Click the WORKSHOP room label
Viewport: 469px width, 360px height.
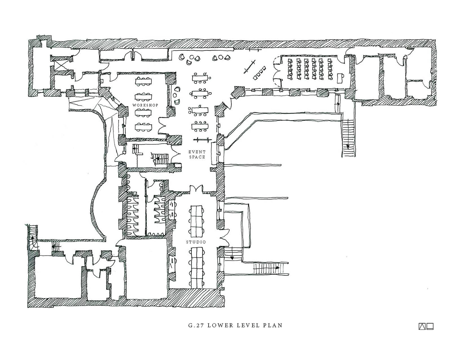click(x=145, y=105)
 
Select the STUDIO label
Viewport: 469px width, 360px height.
click(x=196, y=242)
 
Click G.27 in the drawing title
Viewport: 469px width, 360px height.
click(x=194, y=325)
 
